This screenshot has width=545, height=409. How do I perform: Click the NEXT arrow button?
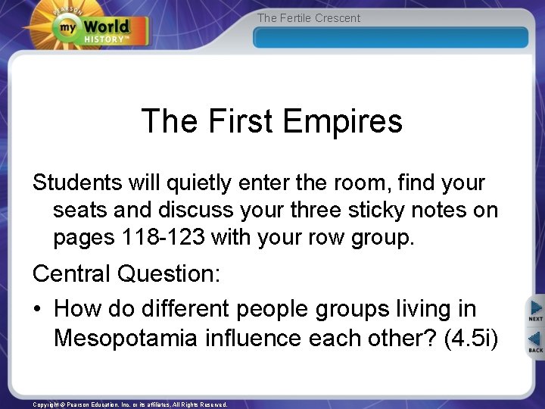535,311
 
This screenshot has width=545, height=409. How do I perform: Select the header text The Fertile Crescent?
309,18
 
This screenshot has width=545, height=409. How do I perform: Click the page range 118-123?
163,237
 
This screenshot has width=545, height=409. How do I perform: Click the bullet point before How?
38,310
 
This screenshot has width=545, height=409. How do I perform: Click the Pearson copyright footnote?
129,404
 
